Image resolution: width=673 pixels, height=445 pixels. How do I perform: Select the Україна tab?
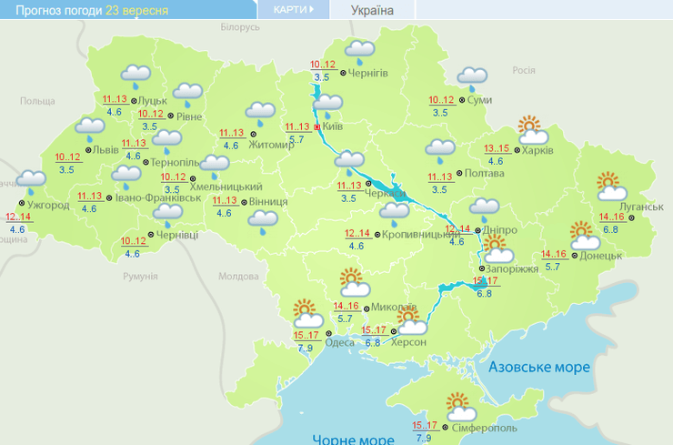(373, 10)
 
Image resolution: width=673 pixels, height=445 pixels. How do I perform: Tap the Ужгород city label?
(49, 206)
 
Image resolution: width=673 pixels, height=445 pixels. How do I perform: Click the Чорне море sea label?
(353, 440)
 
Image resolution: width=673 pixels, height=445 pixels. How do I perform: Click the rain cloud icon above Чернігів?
(360, 50)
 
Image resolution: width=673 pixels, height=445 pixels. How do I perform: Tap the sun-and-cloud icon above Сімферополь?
(457, 403)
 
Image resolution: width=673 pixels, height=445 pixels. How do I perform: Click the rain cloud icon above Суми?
(472, 78)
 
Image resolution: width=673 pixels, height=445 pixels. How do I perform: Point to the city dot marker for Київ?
(317, 128)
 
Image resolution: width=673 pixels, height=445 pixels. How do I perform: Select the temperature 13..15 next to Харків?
(497, 149)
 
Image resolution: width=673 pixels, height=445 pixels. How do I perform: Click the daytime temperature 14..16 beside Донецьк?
(554, 254)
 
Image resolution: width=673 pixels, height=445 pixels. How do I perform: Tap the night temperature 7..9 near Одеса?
(306, 348)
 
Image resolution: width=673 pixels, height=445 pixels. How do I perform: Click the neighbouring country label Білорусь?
(240, 28)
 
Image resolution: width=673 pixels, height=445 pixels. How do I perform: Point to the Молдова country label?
(239, 277)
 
